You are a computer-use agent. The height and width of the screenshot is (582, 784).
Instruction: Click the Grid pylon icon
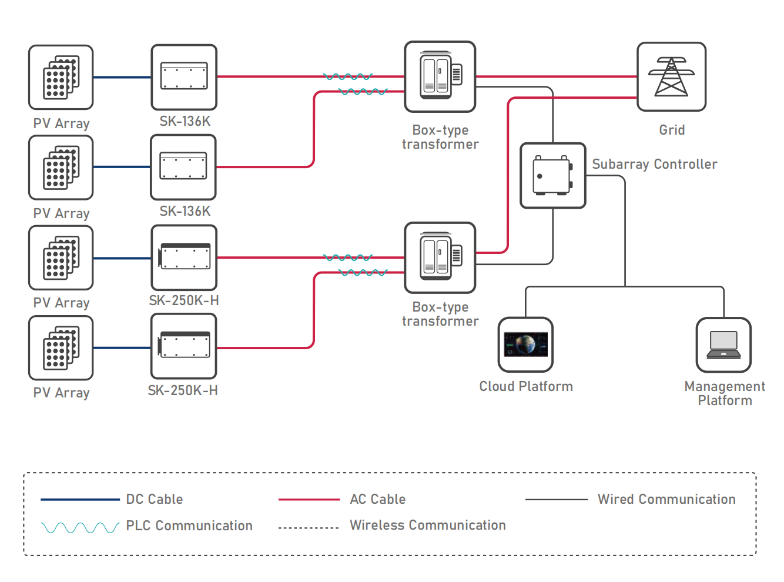[x=671, y=76]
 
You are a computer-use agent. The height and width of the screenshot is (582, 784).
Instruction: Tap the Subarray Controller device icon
[x=552, y=175]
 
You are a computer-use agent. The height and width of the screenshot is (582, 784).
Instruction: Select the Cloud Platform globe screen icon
[x=525, y=344]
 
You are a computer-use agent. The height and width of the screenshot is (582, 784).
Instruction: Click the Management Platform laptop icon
[x=723, y=344]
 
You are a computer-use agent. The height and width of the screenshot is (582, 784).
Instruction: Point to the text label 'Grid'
[x=672, y=130]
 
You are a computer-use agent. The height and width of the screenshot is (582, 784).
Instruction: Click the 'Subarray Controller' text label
[x=654, y=164]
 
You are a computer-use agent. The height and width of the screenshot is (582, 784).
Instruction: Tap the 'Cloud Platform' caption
[x=526, y=386]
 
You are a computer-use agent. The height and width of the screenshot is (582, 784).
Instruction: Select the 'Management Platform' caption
[x=725, y=393]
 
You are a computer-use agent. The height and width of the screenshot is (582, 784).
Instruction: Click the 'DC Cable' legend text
[x=155, y=499]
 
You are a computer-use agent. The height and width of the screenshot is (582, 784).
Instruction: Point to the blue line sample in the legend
[x=80, y=500]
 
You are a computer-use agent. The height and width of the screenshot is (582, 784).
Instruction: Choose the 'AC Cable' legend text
[x=377, y=499]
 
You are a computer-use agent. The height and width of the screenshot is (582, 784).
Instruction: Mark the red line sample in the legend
[x=309, y=500]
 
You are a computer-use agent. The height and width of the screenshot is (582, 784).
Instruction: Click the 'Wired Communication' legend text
[x=666, y=499]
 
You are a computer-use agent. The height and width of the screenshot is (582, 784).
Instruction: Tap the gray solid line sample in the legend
[x=556, y=500]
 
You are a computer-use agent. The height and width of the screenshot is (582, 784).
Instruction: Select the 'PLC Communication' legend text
[x=189, y=526]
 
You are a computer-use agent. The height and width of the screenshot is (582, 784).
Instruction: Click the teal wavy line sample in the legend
[x=80, y=527]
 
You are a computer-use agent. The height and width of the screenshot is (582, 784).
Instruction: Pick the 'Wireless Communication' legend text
[x=427, y=525]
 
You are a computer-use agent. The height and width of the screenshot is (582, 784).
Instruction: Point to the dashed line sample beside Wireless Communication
[x=309, y=528]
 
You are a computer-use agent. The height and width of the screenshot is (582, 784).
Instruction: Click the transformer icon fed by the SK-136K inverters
[x=440, y=76]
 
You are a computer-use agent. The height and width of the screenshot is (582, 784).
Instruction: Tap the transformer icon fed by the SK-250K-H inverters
[x=440, y=257]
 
